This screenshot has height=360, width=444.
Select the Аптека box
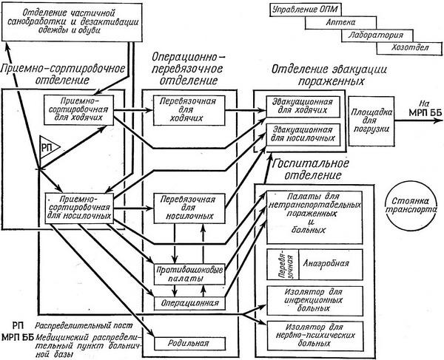point(335,24)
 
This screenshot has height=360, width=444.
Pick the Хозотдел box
point(403,48)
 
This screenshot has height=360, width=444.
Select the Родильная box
point(189,342)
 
